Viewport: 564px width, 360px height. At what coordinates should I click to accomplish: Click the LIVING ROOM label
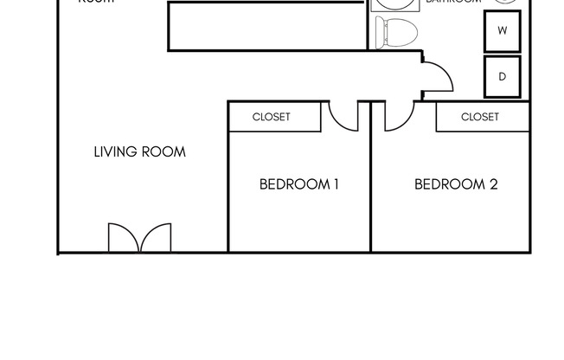[x=139, y=152]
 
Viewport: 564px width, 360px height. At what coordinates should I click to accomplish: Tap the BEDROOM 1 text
[x=298, y=184]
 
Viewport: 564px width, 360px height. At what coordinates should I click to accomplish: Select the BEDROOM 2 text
[x=456, y=184]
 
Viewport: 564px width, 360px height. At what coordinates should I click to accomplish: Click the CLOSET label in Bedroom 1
[x=272, y=117]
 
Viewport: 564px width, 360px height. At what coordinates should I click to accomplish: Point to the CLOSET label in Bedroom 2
[x=480, y=117]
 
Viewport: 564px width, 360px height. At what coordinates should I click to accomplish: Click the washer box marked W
[x=502, y=30]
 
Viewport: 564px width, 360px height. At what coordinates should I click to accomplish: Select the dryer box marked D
[x=502, y=76]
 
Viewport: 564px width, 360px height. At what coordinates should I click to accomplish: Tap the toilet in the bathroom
[x=396, y=33]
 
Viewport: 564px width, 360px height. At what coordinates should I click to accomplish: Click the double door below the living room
[x=139, y=238]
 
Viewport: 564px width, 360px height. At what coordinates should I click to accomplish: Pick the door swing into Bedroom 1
[x=343, y=116]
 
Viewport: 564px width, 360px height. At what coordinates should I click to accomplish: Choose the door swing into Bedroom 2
[x=399, y=116]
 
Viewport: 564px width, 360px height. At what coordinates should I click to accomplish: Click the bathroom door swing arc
[x=438, y=79]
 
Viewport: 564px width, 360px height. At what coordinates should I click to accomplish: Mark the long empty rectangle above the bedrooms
[x=266, y=26]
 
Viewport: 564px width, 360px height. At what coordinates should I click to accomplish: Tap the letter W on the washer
[x=502, y=30]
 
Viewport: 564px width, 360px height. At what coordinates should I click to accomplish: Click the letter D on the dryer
[x=502, y=76]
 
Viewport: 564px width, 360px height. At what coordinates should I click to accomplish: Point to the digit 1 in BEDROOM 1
[x=335, y=184]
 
